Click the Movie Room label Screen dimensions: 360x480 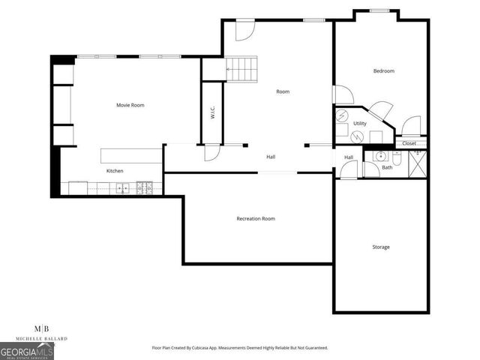point(130,105)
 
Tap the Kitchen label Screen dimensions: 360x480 point(115,171)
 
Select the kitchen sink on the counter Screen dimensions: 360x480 point(121,187)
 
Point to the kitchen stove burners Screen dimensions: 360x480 point(148,187)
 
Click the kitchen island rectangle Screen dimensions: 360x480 point(131,156)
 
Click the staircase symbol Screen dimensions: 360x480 point(241,70)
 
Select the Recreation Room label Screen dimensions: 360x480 point(256,218)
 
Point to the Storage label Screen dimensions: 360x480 point(381,247)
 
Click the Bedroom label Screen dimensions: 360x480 point(383,71)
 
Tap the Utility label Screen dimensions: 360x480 point(360,123)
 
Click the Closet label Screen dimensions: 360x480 point(409,143)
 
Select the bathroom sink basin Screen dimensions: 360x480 point(380,157)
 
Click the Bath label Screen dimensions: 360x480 point(387,168)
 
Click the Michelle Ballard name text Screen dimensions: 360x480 point(43,339)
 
